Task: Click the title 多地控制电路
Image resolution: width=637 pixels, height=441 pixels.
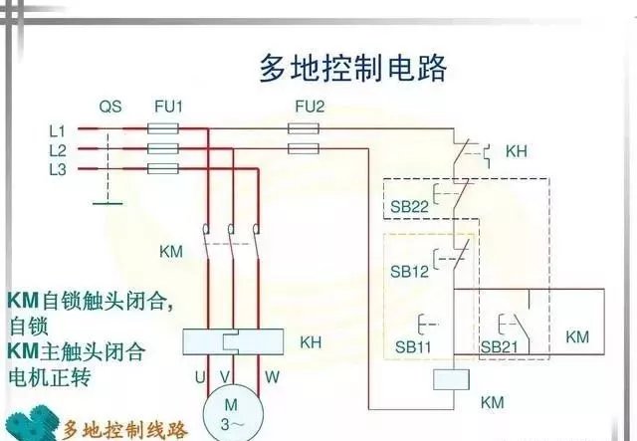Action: click(352, 68)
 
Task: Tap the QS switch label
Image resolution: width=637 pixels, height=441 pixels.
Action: click(110, 105)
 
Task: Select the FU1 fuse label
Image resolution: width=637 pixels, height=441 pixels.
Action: click(169, 105)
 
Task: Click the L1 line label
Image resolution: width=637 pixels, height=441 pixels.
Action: click(57, 130)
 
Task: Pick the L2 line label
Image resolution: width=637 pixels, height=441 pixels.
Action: click(57, 149)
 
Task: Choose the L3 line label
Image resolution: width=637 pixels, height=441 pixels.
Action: click(57, 169)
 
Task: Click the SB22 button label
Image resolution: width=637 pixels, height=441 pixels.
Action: click(408, 206)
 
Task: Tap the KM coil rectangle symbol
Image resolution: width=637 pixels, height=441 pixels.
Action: click(452, 378)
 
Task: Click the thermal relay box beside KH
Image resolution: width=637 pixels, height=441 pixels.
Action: click(232, 341)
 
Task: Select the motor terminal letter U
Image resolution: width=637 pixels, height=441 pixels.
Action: click(200, 377)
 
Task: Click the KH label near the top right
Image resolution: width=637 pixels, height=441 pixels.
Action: click(516, 151)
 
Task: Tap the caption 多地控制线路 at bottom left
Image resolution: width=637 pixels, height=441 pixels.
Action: click(124, 430)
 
